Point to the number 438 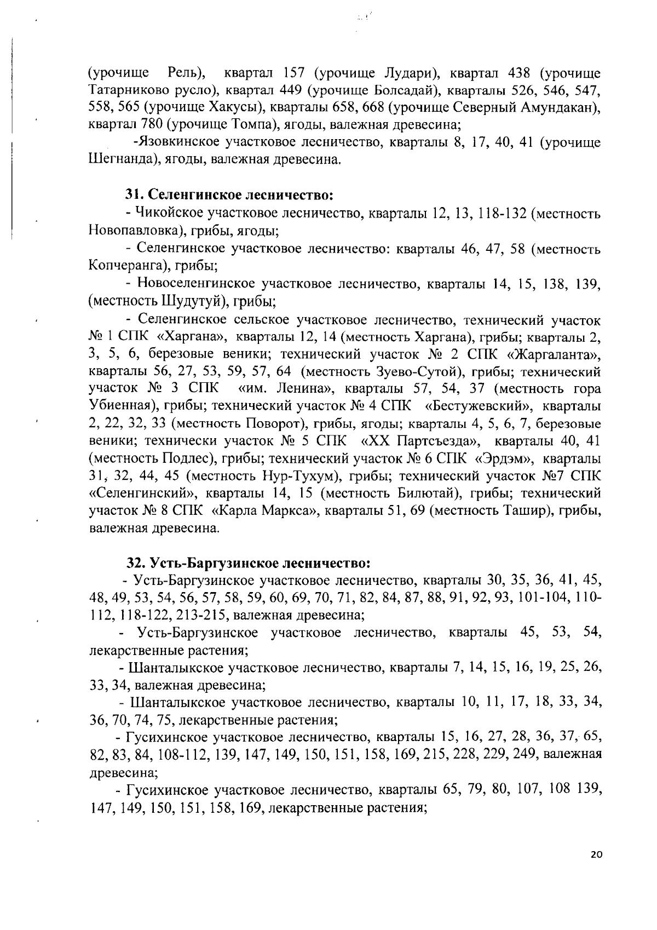[521, 73]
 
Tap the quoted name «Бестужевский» [478, 406]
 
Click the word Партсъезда [437, 441]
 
